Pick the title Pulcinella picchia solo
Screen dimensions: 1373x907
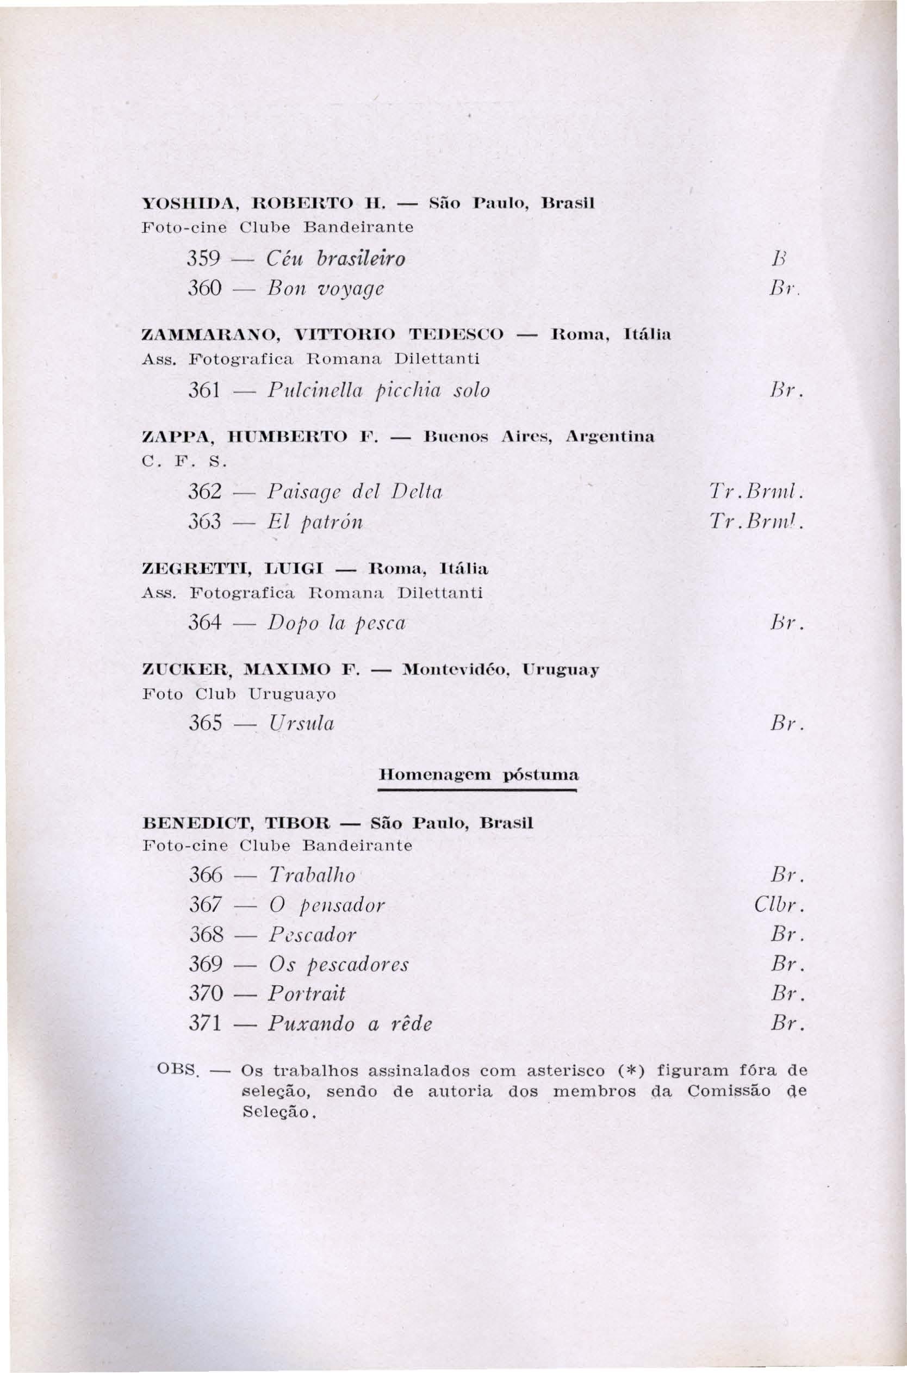(378, 390)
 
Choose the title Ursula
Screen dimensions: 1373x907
(301, 724)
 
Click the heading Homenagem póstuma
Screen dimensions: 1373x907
(478, 774)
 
